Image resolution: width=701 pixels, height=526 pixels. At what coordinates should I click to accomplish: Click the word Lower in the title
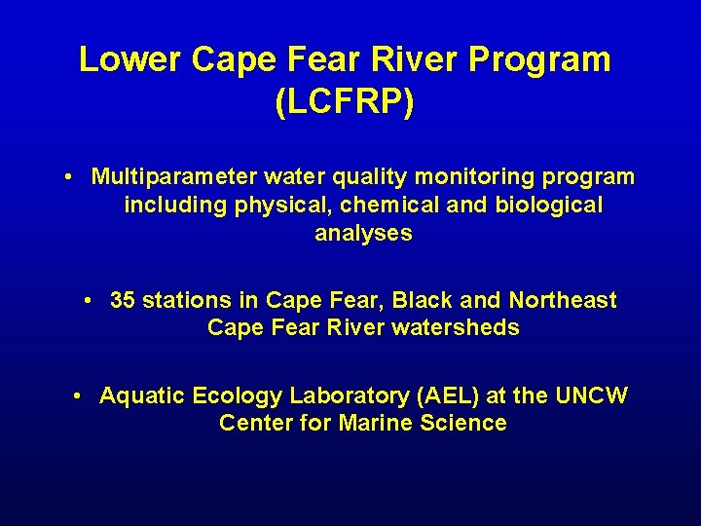pyautogui.click(x=129, y=60)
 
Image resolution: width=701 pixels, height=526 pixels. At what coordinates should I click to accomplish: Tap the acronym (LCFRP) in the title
pyautogui.click(x=345, y=102)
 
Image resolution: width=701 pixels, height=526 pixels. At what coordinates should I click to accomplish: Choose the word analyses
pyautogui.click(x=363, y=234)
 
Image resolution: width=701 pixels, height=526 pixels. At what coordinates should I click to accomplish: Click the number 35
pyautogui.click(x=123, y=300)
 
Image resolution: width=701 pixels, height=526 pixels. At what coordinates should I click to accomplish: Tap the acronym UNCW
pyautogui.click(x=591, y=395)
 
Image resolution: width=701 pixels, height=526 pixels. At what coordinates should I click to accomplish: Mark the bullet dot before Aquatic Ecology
pyautogui.click(x=79, y=395)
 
